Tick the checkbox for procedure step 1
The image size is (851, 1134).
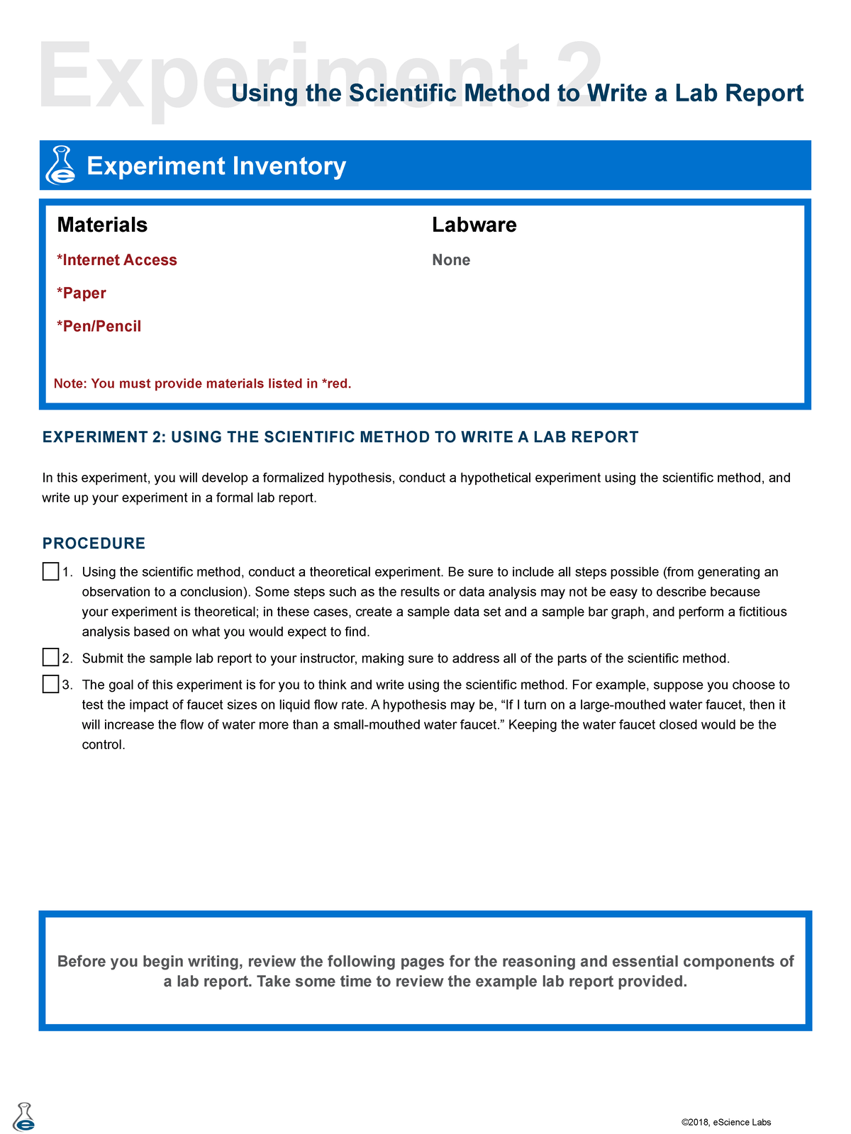click(x=50, y=571)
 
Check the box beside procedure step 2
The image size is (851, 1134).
click(x=50, y=658)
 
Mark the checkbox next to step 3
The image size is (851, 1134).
click(x=50, y=684)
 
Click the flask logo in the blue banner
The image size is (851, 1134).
click(x=61, y=165)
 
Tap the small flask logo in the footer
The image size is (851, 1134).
click(x=23, y=1117)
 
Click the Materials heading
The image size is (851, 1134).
click(x=102, y=225)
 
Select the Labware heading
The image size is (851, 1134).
click(x=474, y=225)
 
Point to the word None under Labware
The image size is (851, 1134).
click(x=451, y=260)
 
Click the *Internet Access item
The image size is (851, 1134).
click(x=117, y=260)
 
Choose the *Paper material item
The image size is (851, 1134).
click(x=82, y=293)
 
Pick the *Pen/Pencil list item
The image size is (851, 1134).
click(x=99, y=327)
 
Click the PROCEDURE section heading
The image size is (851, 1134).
click(x=94, y=544)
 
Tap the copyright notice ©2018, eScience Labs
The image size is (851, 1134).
click(x=725, y=1122)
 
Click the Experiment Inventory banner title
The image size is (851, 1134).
click(x=216, y=166)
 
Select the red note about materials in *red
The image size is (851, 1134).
click(x=203, y=383)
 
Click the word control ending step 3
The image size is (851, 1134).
click(x=104, y=745)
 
